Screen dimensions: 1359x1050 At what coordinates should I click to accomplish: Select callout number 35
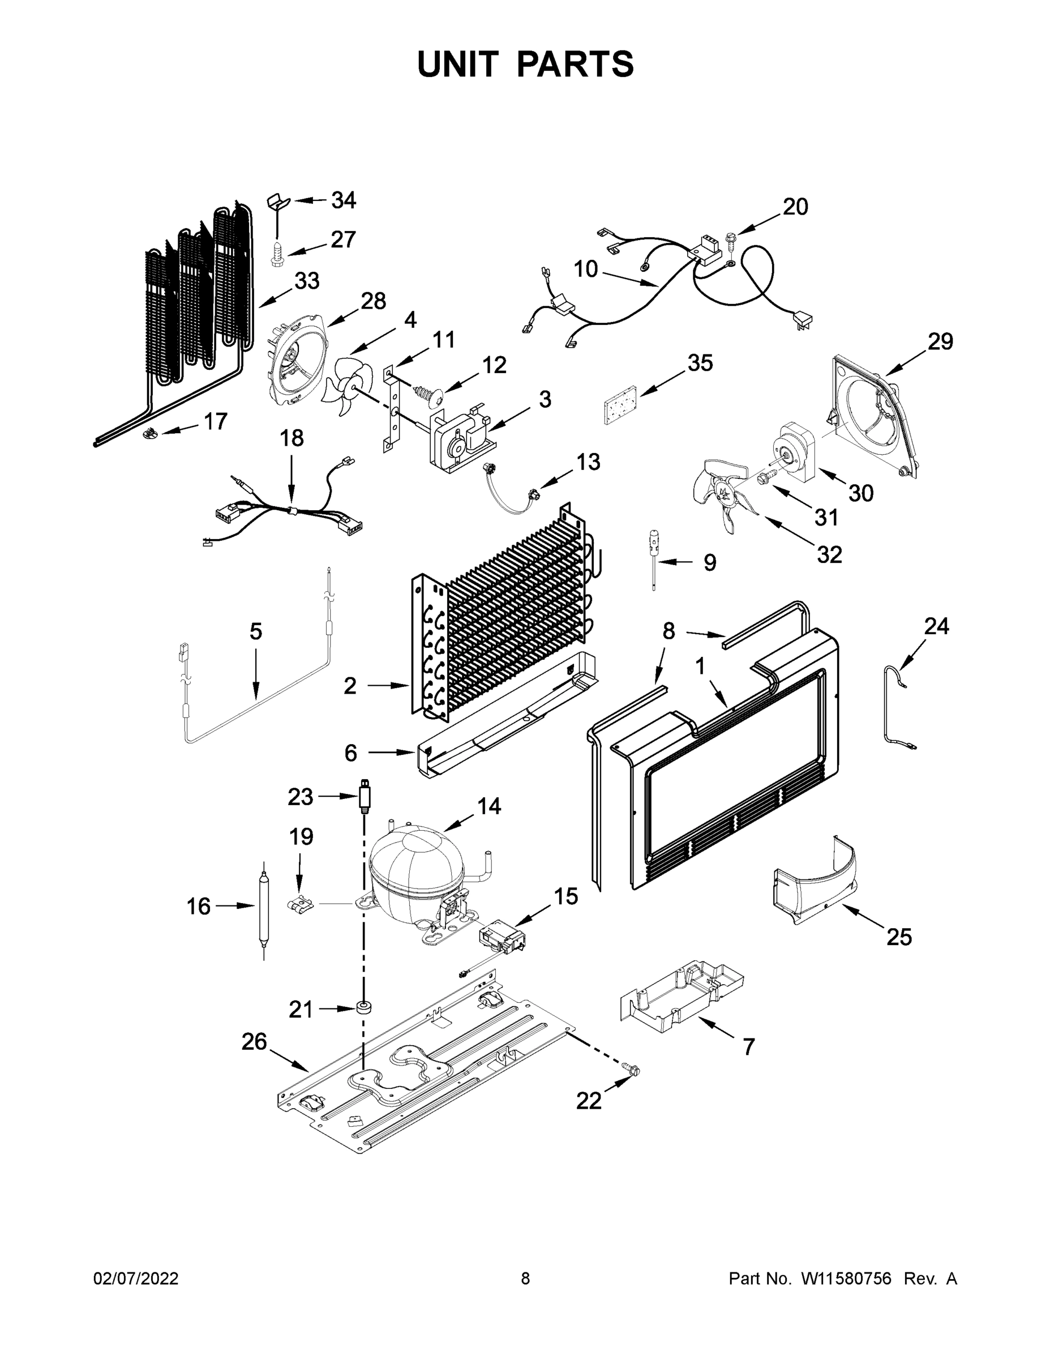[700, 364]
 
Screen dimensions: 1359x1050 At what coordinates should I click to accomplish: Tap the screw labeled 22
[633, 1069]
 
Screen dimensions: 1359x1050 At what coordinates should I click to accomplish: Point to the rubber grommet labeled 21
[361, 1007]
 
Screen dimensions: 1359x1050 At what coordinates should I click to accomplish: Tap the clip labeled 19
[300, 905]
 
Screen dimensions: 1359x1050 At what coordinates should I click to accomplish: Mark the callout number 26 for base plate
[254, 1042]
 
